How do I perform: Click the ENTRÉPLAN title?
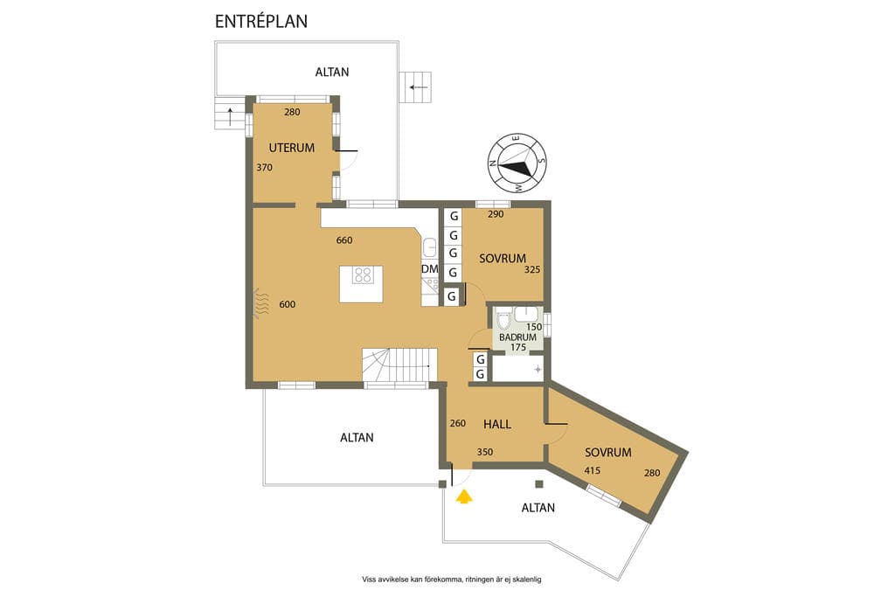[260, 21]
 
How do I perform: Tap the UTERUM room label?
[292, 148]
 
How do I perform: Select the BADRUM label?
[517, 337]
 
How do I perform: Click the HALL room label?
[497, 424]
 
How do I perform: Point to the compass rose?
[517, 163]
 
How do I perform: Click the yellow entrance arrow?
[465, 496]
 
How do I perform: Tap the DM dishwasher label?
[430, 269]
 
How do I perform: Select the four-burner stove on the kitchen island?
[363, 275]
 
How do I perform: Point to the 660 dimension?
[344, 240]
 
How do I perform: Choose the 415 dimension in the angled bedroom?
[593, 471]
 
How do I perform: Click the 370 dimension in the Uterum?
[264, 168]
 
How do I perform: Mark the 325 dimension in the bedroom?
[532, 269]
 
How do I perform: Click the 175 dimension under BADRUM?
[518, 347]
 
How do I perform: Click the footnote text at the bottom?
[452, 580]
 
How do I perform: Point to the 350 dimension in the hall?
[484, 452]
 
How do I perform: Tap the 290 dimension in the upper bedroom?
[496, 215]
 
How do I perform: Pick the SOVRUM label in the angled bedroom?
[608, 453]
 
